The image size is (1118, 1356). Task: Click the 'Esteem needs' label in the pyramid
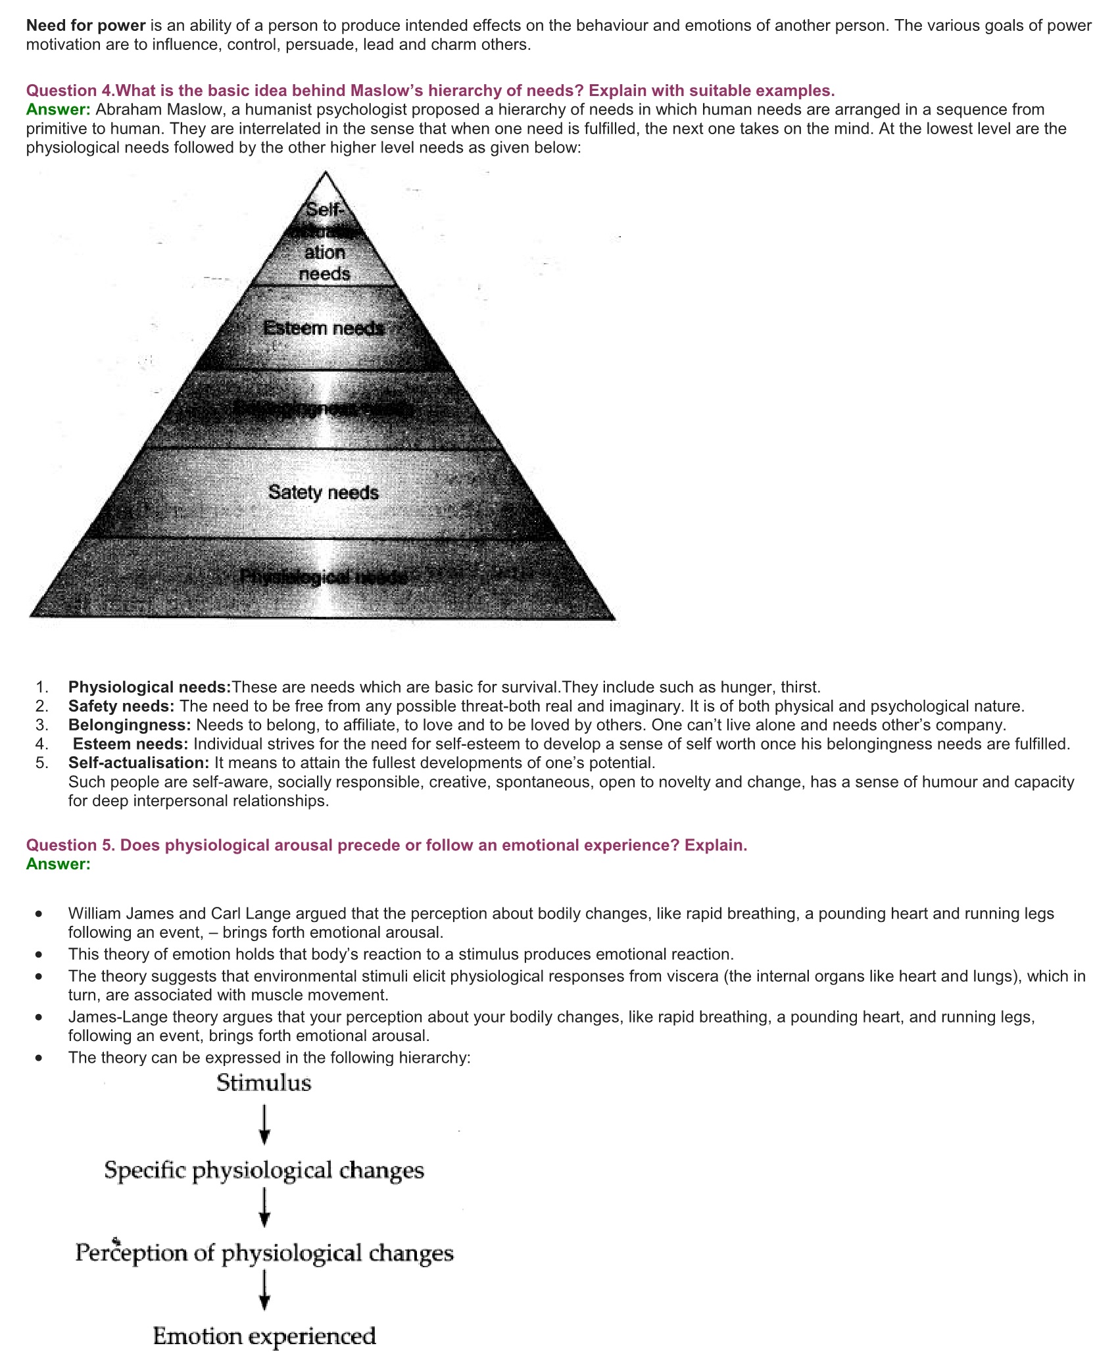click(x=324, y=328)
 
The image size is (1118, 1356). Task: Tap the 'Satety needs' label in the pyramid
click(x=324, y=493)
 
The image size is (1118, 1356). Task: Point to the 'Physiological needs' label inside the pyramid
click(x=324, y=577)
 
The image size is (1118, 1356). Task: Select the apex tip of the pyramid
click(x=326, y=174)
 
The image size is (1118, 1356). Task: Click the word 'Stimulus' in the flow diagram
click(x=264, y=1083)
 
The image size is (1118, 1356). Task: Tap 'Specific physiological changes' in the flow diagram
click(x=264, y=1171)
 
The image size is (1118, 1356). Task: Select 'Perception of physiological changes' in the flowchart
click(x=264, y=1253)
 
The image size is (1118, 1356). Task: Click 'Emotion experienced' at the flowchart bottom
click(x=264, y=1336)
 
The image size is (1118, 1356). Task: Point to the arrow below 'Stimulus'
click(x=264, y=1125)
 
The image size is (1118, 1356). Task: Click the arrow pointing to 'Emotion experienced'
click(x=264, y=1293)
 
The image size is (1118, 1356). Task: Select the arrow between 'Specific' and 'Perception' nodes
click(x=264, y=1209)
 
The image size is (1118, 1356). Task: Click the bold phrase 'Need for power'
click(x=85, y=26)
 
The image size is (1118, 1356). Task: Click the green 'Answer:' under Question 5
click(x=58, y=864)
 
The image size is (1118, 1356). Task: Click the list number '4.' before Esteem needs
click(x=42, y=744)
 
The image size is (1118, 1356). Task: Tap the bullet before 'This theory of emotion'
click(x=41, y=954)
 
